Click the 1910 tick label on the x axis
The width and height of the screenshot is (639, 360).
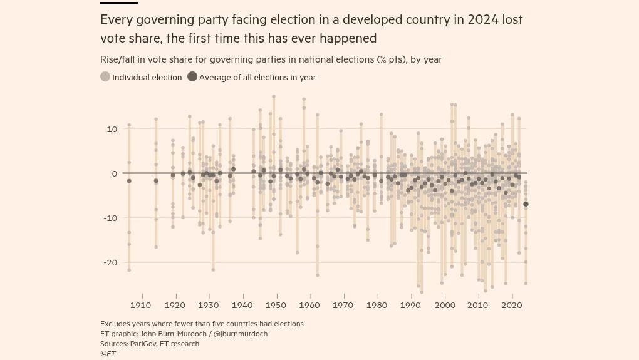pyautogui.click(x=141, y=306)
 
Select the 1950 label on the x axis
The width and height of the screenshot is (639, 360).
pyautogui.click(x=276, y=306)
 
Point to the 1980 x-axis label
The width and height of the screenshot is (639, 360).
pyautogui.click(x=377, y=306)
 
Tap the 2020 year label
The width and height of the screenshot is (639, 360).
pyautogui.click(x=512, y=306)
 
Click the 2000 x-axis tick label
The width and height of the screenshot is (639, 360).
pyautogui.click(x=445, y=306)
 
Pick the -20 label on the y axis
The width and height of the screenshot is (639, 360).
pyautogui.click(x=110, y=262)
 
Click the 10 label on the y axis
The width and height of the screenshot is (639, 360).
pyautogui.click(x=112, y=129)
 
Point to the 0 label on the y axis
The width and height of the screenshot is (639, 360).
pyautogui.click(x=114, y=173)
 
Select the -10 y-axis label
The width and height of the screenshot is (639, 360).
pyautogui.click(x=110, y=218)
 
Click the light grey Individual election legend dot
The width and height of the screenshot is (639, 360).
pyautogui.click(x=105, y=77)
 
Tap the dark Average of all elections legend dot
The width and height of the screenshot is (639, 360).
pyautogui.click(x=192, y=77)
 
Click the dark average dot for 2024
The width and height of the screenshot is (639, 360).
pyautogui.click(x=526, y=204)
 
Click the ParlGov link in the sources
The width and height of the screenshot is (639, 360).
pyautogui.click(x=143, y=344)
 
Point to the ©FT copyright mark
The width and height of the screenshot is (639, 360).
pyautogui.click(x=108, y=354)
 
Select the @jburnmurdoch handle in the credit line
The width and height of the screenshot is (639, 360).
pyautogui.click(x=241, y=334)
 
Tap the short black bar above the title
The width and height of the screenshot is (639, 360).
pyautogui.click(x=118, y=3)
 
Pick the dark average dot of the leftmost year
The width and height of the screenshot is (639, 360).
pyautogui.click(x=129, y=181)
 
